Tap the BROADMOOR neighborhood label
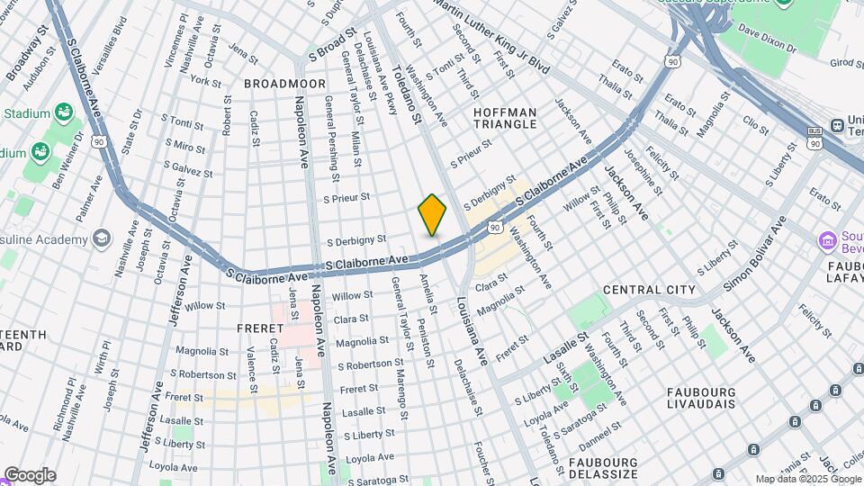283,83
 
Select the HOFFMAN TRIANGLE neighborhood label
505,119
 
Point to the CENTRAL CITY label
649,290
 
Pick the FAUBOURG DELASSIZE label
603,467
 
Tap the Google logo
30,475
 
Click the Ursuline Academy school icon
101,238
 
